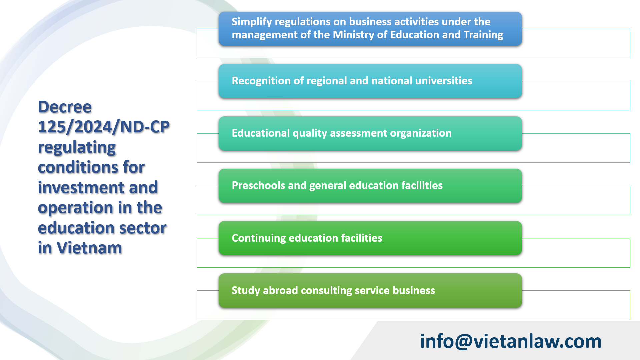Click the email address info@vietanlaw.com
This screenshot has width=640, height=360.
510,341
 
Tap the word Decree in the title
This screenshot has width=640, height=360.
65,107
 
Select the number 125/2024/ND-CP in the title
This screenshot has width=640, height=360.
104,127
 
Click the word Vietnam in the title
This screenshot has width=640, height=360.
89,248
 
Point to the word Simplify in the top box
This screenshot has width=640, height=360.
252,22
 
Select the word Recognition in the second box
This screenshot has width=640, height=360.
261,81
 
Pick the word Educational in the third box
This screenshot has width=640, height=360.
261,133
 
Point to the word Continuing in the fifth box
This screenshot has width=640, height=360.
258,238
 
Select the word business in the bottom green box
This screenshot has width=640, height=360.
413,291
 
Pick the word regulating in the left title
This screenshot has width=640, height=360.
77,148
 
